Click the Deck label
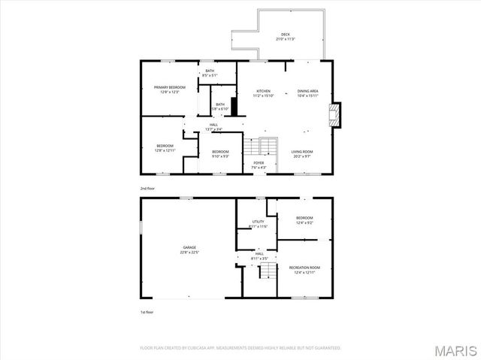(286, 35)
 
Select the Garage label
(189, 249)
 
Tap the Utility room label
(258, 223)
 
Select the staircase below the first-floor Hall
(265, 271)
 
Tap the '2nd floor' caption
(147, 188)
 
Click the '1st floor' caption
(147, 312)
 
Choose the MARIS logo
(455, 349)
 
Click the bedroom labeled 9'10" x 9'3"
(219, 154)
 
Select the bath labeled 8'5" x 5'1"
(210, 73)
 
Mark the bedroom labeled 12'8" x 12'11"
(165, 147)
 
